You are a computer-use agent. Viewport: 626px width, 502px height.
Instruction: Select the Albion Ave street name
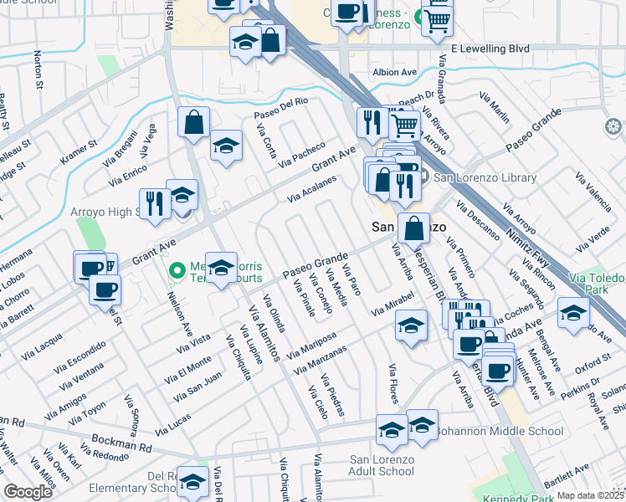[394, 73]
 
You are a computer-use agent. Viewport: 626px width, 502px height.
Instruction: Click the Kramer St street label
[80, 151]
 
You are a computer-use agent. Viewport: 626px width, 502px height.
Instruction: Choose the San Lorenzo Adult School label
[382, 465]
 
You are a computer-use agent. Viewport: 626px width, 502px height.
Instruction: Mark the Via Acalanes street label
[311, 189]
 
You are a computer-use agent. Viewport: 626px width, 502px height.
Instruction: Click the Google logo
[28, 492]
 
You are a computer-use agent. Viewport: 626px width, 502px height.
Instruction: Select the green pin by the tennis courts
[177, 270]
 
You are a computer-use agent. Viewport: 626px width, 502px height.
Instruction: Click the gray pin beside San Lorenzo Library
[424, 177]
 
